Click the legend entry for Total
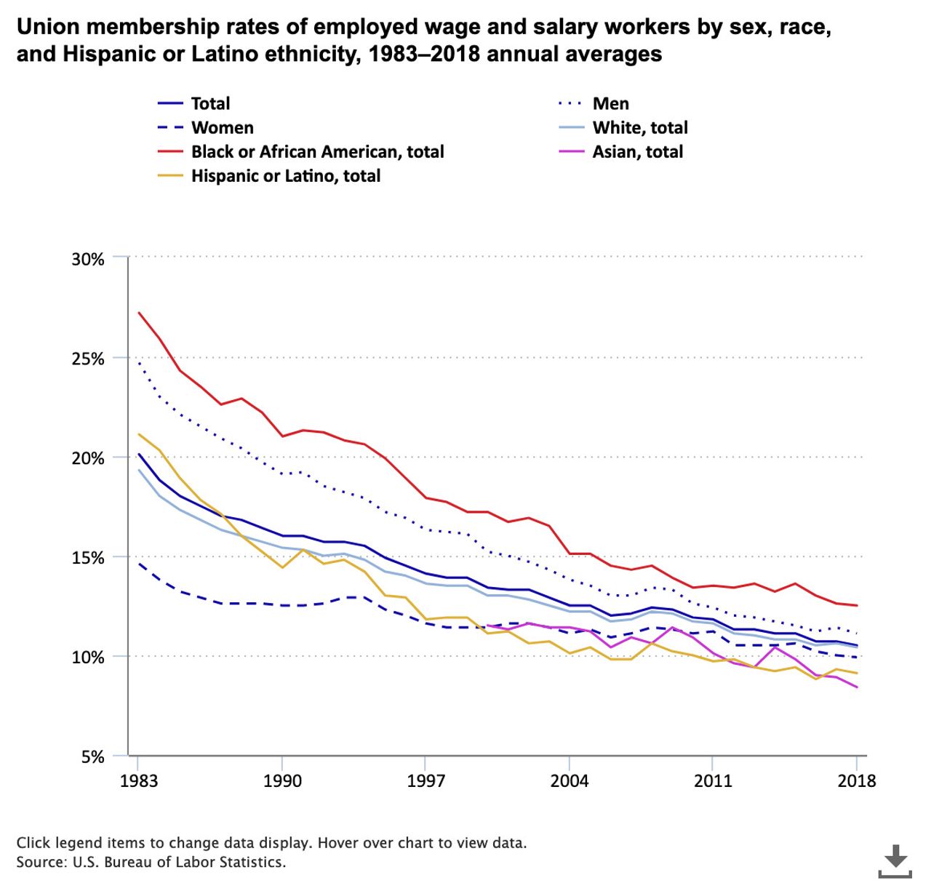pyautogui.click(x=209, y=103)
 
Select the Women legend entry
pyautogui.click(x=222, y=127)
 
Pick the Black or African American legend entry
pyautogui.click(x=317, y=151)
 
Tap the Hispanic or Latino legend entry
pyautogui.click(x=285, y=175)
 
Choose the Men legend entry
pyautogui.click(x=610, y=103)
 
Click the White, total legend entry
pyautogui.click(x=639, y=127)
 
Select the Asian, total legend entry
pyautogui.click(x=637, y=151)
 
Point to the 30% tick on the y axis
pyautogui.click(x=88, y=259)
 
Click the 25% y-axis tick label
pyautogui.click(x=88, y=359)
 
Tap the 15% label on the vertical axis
pyautogui.click(x=88, y=558)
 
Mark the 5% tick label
pyautogui.click(x=92, y=757)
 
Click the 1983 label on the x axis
pyautogui.click(x=138, y=781)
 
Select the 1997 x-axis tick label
pyautogui.click(x=425, y=781)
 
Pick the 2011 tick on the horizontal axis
pyautogui.click(x=713, y=781)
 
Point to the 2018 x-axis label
pyautogui.click(x=857, y=781)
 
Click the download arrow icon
pyautogui.click(x=895, y=860)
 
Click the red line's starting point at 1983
pyautogui.click(x=138, y=313)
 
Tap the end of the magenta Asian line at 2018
pyautogui.click(x=857, y=687)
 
